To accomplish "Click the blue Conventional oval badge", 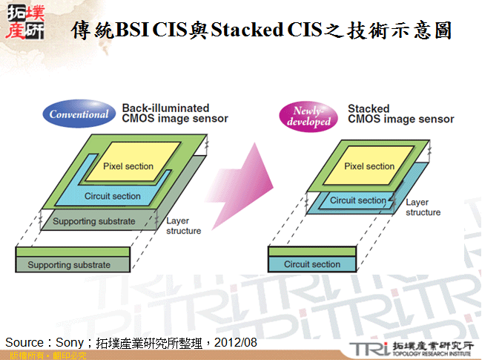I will (79, 114).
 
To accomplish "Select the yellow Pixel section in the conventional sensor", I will (128, 166).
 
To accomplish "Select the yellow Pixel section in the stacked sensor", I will (369, 166).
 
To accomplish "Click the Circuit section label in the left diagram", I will (113, 196).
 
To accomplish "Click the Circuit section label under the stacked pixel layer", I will (357, 200).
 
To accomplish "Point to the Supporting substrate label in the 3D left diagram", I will (94, 221).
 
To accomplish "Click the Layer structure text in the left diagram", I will (183, 225).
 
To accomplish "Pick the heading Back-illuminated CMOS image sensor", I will (174, 113).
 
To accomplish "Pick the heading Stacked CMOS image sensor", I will (400, 114).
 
